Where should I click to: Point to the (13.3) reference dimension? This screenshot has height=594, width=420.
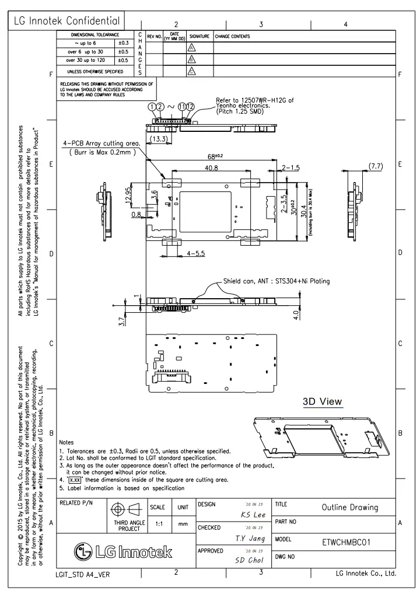(x=159, y=138)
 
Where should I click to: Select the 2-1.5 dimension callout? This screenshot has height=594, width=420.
(x=290, y=168)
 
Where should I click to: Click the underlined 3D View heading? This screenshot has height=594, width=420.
(x=322, y=401)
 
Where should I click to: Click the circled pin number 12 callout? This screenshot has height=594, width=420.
(x=190, y=107)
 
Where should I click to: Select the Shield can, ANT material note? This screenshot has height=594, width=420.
(x=276, y=281)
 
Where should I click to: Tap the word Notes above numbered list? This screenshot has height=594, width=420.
(x=67, y=443)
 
